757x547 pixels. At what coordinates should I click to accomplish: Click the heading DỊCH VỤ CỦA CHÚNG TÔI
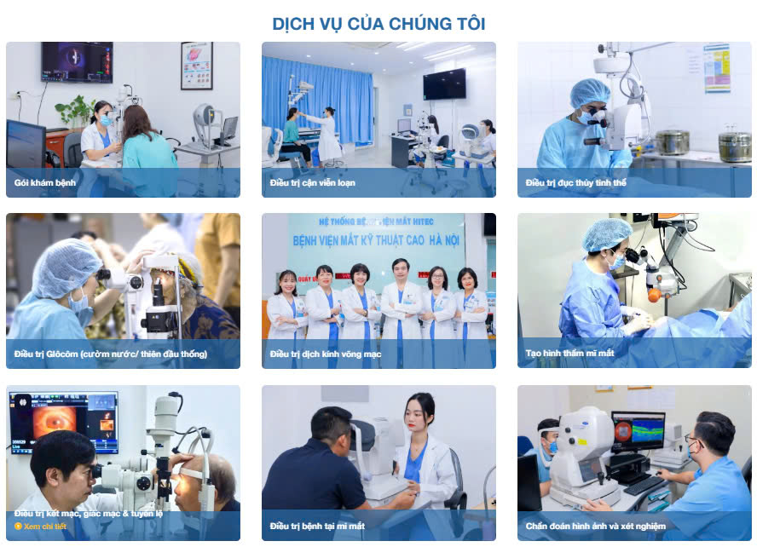[x=378, y=23]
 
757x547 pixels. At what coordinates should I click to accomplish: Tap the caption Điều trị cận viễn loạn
[x=312, y=182]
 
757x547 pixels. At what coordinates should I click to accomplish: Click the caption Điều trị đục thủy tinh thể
[x=576, y=182]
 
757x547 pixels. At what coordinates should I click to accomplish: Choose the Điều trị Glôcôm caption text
[x=110, y=354]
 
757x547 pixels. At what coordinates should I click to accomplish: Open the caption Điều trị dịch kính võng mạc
[x=325, y=354]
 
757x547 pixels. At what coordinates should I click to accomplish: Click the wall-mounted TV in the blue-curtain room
[x=444, y=83]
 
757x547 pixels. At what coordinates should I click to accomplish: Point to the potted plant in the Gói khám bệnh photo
[x=75, y=112]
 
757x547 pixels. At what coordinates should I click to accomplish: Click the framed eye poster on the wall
[x=196, y=66]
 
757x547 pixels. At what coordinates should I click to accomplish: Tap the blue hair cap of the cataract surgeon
[x=589, y=91]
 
